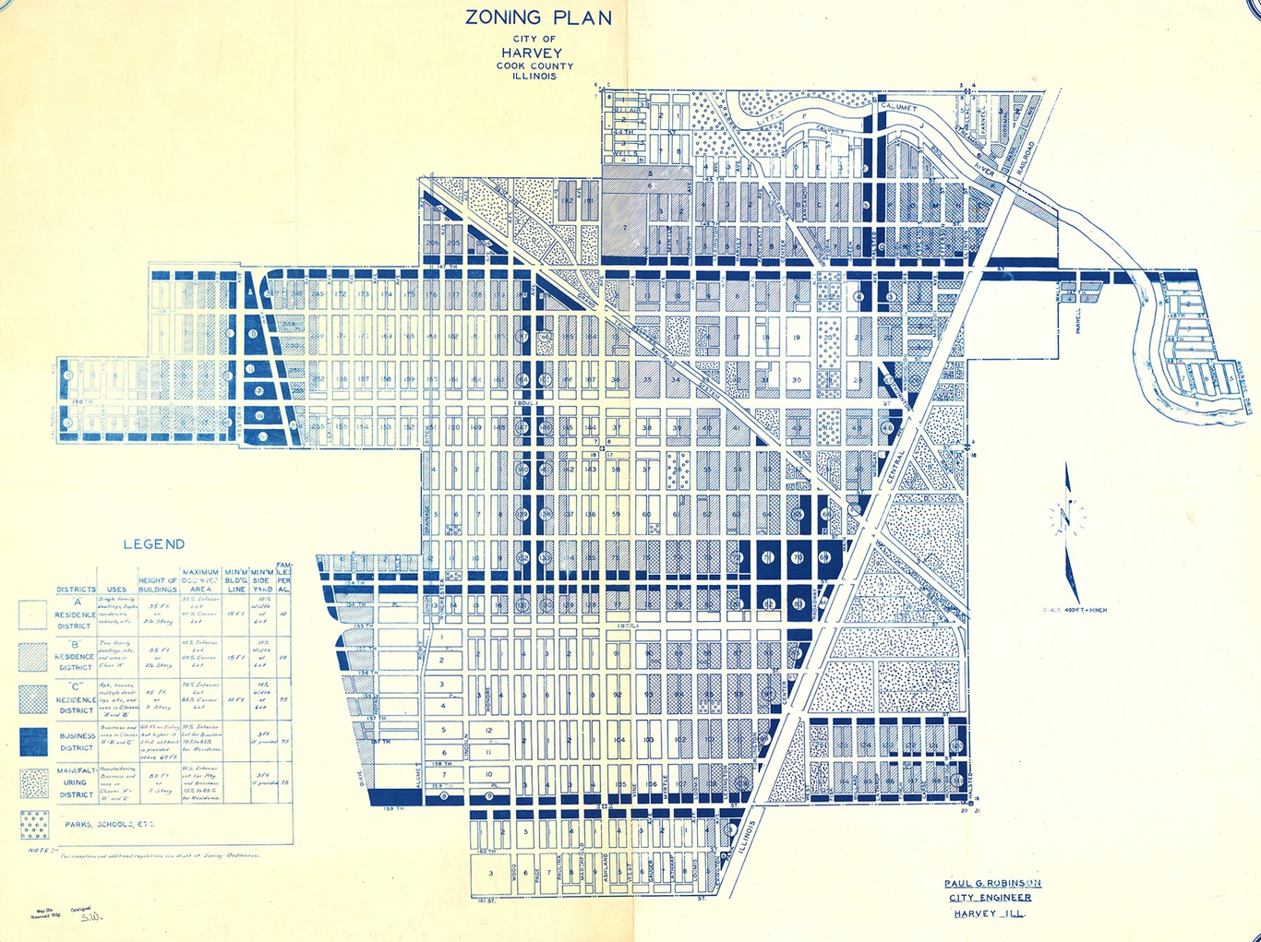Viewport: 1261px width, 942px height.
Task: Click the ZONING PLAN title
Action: click(x=538, y=18)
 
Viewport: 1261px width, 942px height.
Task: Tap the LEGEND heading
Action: click(x=154, y=544)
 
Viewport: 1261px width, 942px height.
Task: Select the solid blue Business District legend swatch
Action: click(x=34, y=741)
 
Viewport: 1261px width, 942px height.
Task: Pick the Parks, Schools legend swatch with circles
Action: click(x=34, y=824)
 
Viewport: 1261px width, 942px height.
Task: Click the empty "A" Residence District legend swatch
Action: click(x=34, y=614)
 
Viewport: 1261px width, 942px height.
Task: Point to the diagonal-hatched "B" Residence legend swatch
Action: click(x=34, y=656)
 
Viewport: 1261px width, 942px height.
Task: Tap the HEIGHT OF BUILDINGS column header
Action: click(x=158, y=584)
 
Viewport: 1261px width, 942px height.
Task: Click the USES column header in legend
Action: click(x=116, y=589)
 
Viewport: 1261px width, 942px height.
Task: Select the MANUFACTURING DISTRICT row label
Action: click(x=76, y=782)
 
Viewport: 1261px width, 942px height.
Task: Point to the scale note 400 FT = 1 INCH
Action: click(x=1075, y=610)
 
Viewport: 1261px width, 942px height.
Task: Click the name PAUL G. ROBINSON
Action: click(x=992, y=883)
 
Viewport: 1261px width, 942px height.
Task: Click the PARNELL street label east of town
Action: click(x=1077, y=320)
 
